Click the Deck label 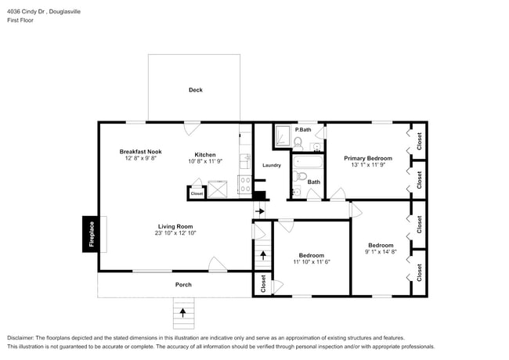(x=195, y=90)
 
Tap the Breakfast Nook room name (x=140, y=151)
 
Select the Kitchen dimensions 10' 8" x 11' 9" (x=205, y=161)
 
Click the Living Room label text (x=174, y=225)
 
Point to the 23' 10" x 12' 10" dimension (x=174, y=232)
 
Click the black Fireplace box (x=90, y=233)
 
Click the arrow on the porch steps (x=183, y=312)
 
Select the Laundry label (x=272, y=165)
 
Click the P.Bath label (x=303, y=129)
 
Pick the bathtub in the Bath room (x=305, y=164)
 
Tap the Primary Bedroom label (x=367, y=158)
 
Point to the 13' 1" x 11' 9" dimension (x=367, y=165)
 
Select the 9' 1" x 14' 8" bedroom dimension (x=381, y=251)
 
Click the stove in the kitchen (x=244, y=189)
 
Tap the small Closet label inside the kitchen (x=197, y=193)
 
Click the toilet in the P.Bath (x=298, y=142)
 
